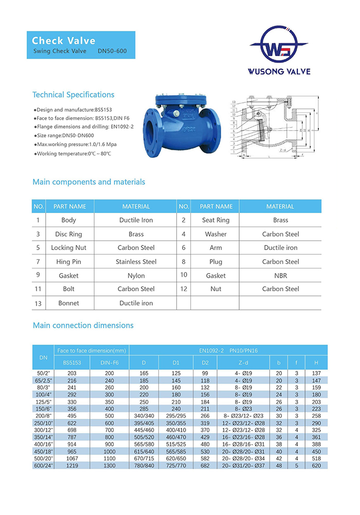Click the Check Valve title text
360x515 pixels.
tap(64, 41)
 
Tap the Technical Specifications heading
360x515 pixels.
tap(73, 95)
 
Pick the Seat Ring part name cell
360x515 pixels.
tap(216, 220)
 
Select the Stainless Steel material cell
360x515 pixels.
tap(136, 262)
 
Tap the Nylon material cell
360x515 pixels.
tap(136, 276)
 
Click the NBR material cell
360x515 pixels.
tap(280, 276)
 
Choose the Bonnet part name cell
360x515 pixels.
tap(68, 303)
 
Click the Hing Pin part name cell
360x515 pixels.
tap(68, 262)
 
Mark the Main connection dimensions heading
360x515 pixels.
tap(83, 325)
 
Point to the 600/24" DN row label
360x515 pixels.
tap(43, 465)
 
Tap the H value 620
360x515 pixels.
tap(316, 465)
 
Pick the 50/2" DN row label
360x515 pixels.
tap(43, 373)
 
